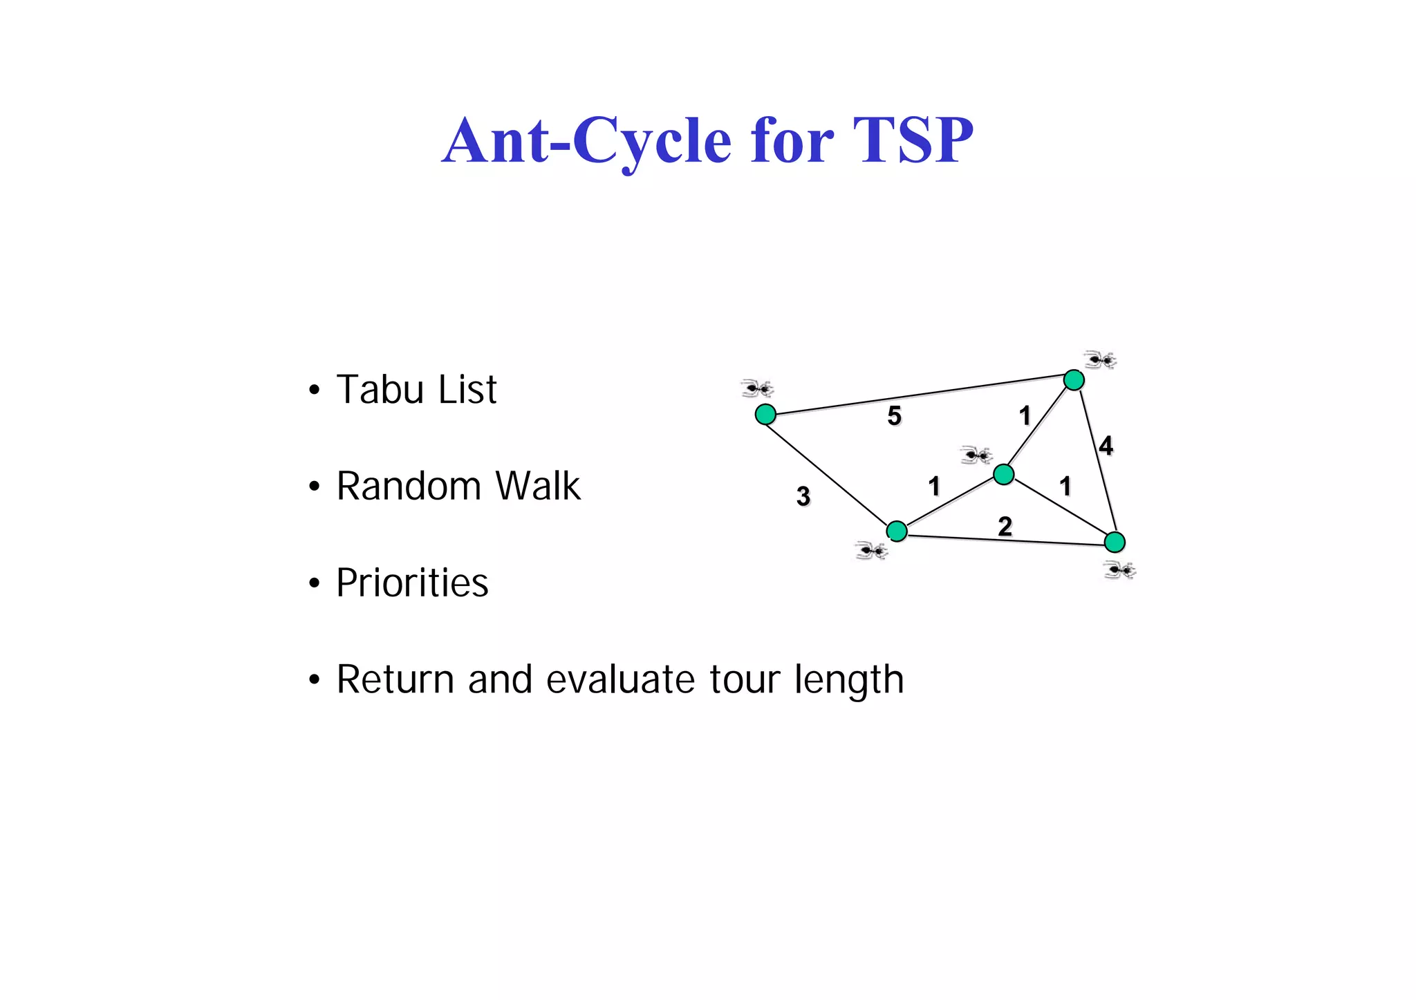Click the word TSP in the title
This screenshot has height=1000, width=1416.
[x=913, y=140]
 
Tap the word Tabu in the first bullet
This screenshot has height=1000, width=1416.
[x=380, y=389]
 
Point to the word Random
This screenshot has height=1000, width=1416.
[x=408, y=486]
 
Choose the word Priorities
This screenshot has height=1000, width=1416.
[x=412, y=583]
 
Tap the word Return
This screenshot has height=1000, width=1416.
[x=395, y=679]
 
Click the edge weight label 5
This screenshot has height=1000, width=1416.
[x=894, y=415]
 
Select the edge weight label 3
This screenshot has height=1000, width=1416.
[x=803, y=496]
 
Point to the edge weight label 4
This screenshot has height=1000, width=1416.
[x=1106, y=445]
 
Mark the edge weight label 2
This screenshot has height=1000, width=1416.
[x=1005, y=527]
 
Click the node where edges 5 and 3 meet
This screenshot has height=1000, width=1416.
[x=765, y=414]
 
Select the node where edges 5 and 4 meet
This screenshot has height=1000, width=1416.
[x=1073, y=379]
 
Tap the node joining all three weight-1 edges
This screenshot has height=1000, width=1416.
[x=1003, y=474]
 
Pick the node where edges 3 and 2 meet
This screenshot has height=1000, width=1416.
[x=897, y=531]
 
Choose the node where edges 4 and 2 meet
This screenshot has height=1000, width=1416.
[x=1115, y=542]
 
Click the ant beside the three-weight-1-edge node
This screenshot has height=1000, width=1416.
[x=976, y=455]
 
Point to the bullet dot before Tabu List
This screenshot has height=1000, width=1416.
[x=315, y=390]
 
